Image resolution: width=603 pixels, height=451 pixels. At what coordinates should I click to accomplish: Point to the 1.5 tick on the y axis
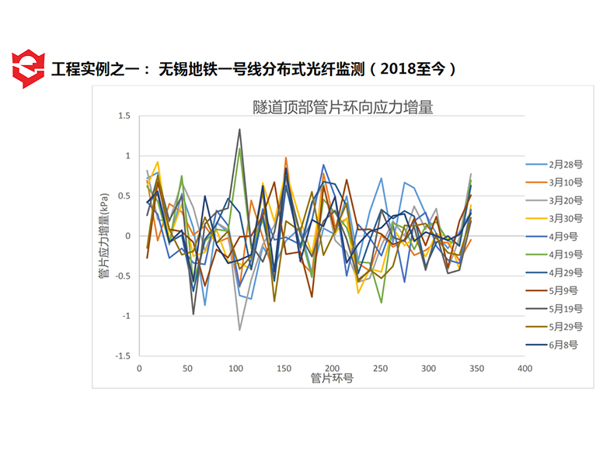[x=124, y=116]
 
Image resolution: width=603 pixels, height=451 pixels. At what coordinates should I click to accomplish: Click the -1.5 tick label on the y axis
[x=122, y=356]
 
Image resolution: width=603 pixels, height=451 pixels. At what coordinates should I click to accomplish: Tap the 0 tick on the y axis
[x=128, y=236]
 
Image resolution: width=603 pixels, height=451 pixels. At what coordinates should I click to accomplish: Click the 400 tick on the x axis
[x=525, y=368]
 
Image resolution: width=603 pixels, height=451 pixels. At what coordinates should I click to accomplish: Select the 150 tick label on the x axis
[x=284, y=368]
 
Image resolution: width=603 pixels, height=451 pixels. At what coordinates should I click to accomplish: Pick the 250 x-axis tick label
[x=380, y=368]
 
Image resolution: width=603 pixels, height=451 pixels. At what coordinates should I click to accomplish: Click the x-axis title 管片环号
[x=332, y=379]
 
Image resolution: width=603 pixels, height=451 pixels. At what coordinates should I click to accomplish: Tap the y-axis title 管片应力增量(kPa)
[x=103, y=236]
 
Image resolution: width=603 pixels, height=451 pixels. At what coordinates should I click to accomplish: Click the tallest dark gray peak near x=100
[x=239, y=129]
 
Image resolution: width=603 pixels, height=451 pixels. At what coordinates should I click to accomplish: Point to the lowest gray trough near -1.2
[x=239, y=330]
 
